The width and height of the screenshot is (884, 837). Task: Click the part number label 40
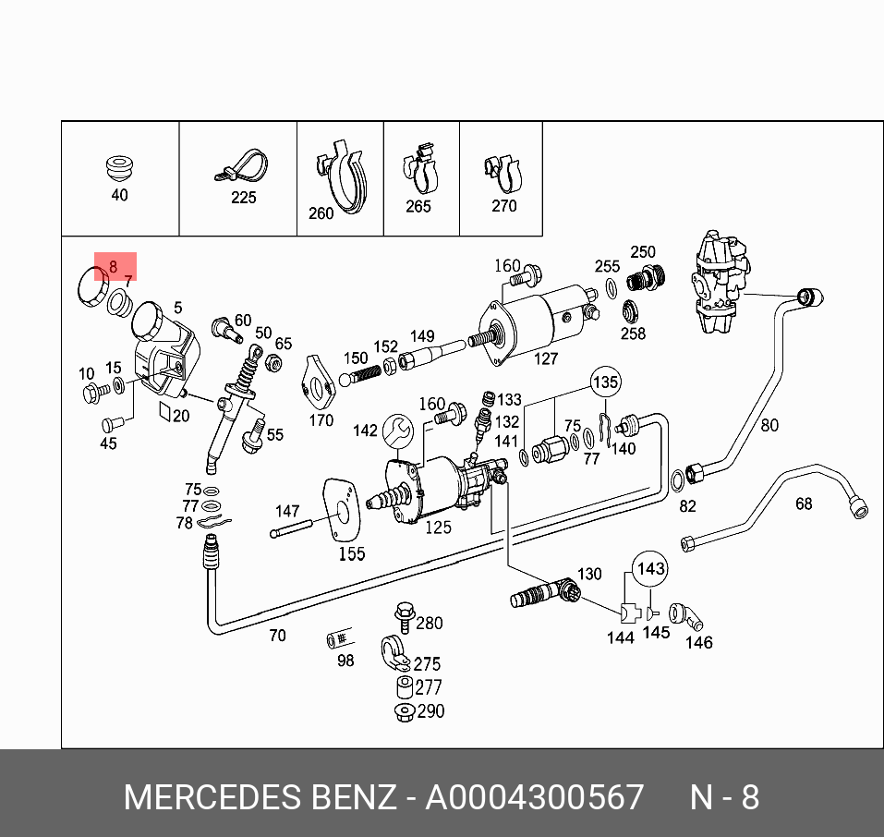(119, 195)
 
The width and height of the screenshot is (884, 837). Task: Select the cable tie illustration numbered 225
(241, 167)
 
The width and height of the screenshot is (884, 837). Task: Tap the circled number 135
(605, 382)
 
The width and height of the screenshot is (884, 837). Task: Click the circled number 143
(651, 568)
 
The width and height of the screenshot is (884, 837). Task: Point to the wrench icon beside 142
(398, 430)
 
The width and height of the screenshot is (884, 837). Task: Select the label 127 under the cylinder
(546, 358)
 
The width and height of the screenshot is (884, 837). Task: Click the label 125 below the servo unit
(438, 527)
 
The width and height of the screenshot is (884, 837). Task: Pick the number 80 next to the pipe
(769, 426)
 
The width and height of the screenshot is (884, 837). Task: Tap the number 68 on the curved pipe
(804, 503)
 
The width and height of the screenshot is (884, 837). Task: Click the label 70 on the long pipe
(277, 636)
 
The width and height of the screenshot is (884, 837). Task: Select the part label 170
(321, 420)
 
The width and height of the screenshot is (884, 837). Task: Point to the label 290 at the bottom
(430, 711)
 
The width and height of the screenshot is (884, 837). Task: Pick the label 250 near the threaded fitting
(642, 252)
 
